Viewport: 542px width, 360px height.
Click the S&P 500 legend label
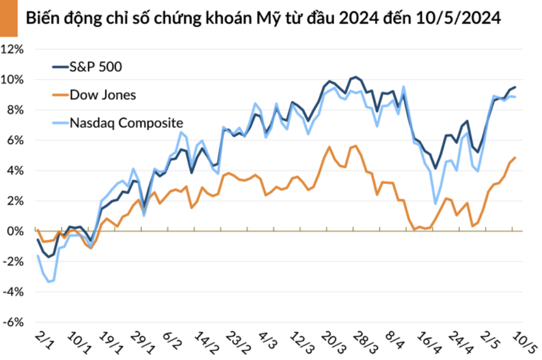(95, 67)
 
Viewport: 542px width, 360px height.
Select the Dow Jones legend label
(103, 95)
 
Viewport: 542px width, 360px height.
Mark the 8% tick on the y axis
(15, 110)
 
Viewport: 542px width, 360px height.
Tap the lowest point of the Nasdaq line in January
(49, 282)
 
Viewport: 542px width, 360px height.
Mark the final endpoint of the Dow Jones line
(515, 158)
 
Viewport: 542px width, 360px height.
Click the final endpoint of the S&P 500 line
(515, 87)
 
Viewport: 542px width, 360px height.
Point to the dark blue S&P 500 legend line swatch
(60, 67)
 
